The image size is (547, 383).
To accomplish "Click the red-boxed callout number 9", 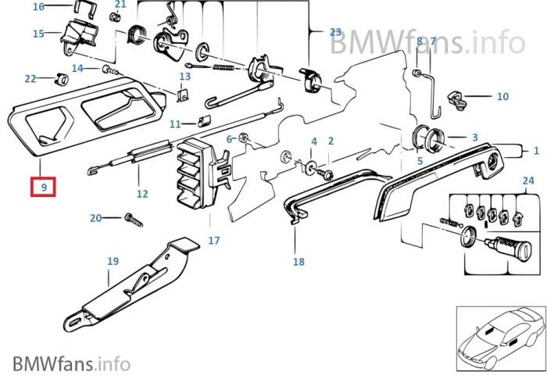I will (43, 188).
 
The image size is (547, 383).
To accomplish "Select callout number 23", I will (335, 32).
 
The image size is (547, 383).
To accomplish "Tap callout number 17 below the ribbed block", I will (213, 240).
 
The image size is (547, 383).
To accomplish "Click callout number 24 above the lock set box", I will (528, 181).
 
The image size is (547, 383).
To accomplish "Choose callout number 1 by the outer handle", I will (536, 149).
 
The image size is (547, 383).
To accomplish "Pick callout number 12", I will (141, 194).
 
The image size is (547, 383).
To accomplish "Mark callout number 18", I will (299, 262).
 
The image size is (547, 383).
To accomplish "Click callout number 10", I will (502, 97).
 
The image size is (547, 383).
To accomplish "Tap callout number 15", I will (38, 34).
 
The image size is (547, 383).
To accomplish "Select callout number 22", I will (30, 78).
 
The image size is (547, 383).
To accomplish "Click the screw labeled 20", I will (132, 220).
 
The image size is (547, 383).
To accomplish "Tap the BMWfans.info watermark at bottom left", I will (71, 363).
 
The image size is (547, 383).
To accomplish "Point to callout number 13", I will (184, 77).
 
